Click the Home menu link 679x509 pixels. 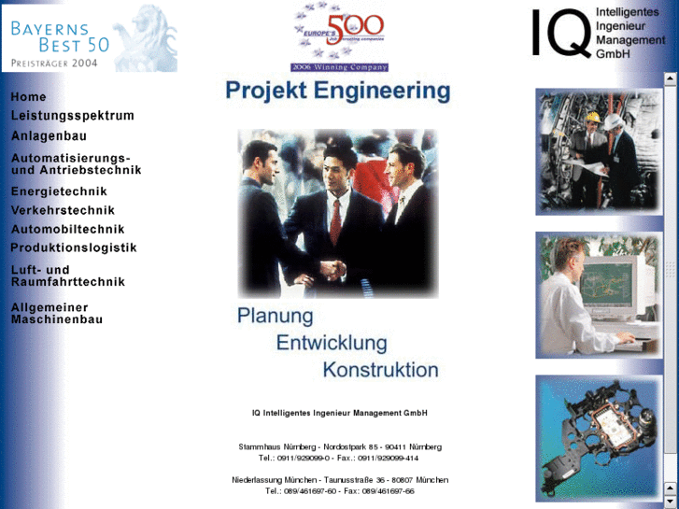coord(28,97)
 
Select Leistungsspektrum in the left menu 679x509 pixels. coord(72,116)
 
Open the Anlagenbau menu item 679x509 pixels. coord(49,135)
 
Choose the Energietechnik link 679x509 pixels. coord(59,191)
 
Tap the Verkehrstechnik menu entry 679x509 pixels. coord(63,210)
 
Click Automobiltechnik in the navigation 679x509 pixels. coord(67,229)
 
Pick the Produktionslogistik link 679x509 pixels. coord(74,247)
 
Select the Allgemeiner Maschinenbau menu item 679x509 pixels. coord(56,313)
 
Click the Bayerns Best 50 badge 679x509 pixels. coord(89,37)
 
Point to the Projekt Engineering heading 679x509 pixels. coord(337,92)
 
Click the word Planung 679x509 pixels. coord(275,316)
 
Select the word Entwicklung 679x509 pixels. coord(331,342)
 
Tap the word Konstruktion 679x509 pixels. coord(380,369)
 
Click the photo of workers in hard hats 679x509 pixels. coord(598,151)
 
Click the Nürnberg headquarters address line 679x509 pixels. coord(340,447)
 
